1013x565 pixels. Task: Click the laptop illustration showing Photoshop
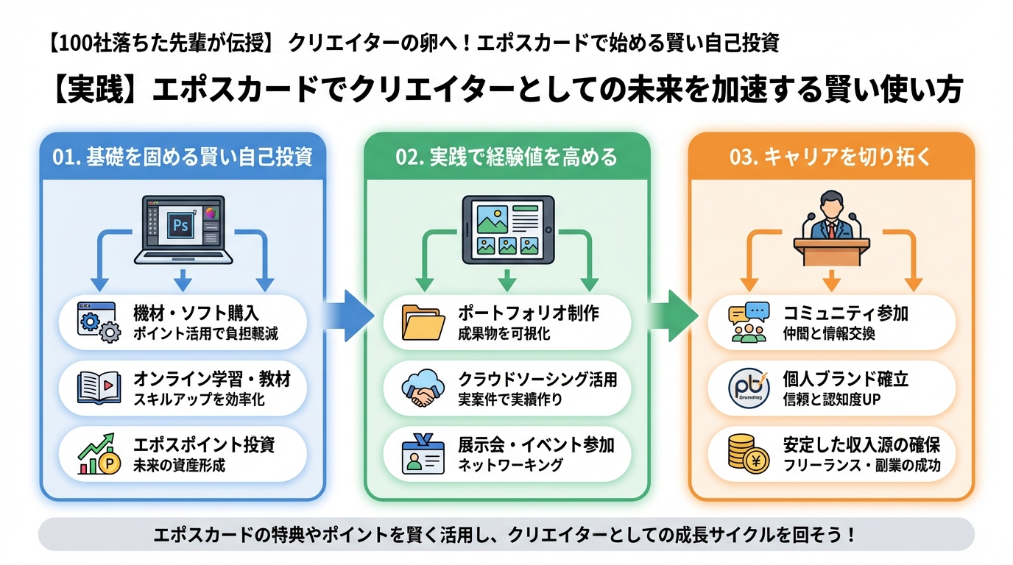click(183, 229)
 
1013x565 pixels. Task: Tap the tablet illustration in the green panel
click(507, 229)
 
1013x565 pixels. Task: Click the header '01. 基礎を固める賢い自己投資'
click(183, 157)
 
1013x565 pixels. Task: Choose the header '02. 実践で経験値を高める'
click(507, 157)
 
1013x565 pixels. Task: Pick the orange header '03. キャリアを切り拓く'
click(831, 157)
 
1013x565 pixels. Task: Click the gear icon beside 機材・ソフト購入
click(99, 323)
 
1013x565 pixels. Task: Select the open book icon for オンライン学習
click(99, 388)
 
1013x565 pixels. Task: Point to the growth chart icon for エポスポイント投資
click(99, 454)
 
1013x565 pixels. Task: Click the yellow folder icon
click(423, 323)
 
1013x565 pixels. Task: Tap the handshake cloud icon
click(423, 388)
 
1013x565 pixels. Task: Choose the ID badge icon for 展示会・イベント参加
click(423, 454)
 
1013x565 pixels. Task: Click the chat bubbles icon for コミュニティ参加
click(748, 323)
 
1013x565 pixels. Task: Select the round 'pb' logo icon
click(748, 388)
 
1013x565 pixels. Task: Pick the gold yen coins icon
click(748, 454)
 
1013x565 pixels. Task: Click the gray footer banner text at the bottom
click(506, 534)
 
